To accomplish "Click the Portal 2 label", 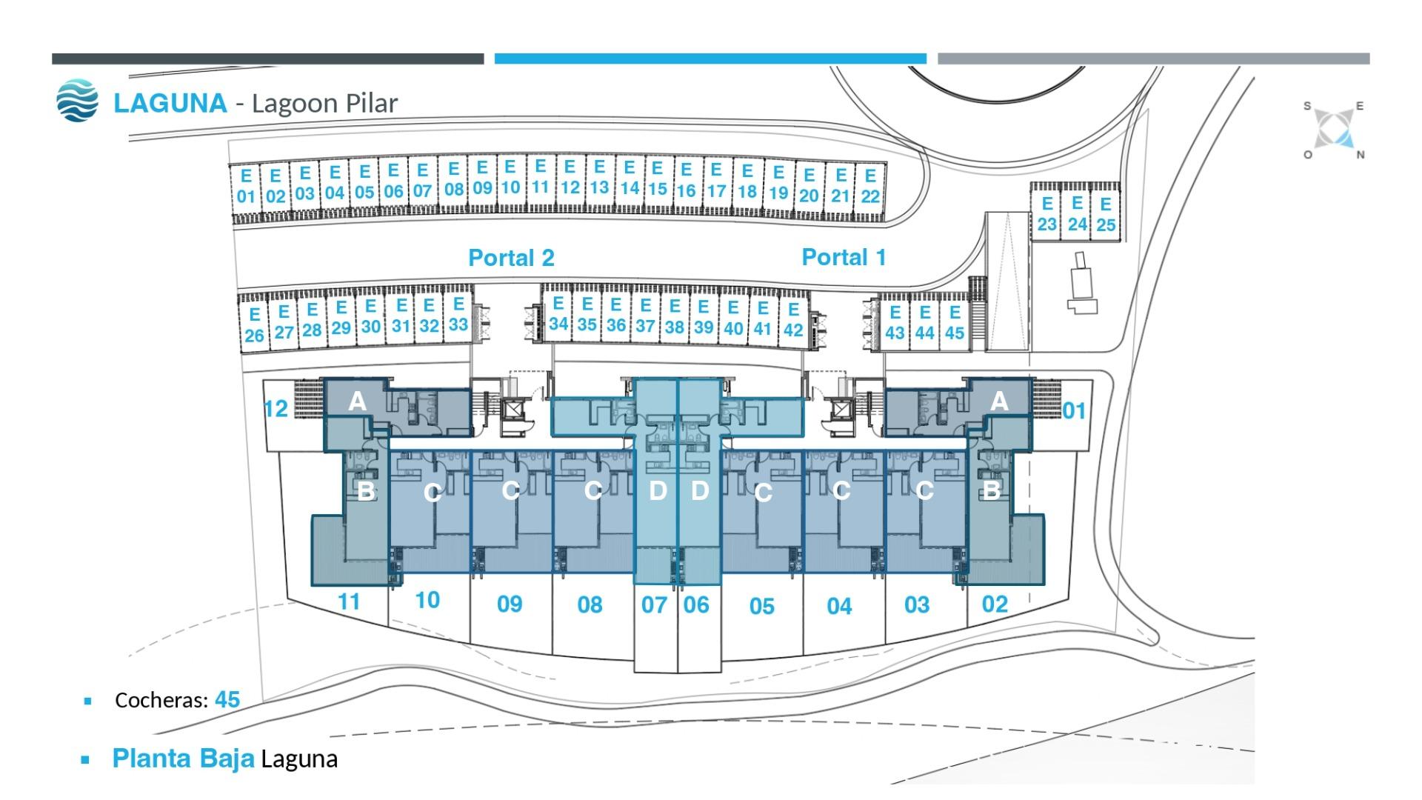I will click(511, 258).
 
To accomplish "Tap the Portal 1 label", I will click(844, 257).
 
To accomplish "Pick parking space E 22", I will click(870, 187).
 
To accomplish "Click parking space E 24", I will click(1077, 214).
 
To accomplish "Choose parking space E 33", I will click(458, 315).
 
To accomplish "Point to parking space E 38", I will click(674, 316).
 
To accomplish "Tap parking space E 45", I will click(955, 323).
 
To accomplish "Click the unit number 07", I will click(654, 605).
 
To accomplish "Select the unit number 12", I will click(276, 409).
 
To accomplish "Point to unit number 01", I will click(1074, 411).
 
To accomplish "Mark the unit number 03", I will click(917, 605).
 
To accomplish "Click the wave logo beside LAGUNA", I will click(77, 101).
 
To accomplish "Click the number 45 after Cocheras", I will click(227, 700).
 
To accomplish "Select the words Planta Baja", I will click(183, 759).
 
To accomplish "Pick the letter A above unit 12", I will click(357, 401).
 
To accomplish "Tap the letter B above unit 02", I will click(991, 490).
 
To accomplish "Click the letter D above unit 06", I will click(699, 490).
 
